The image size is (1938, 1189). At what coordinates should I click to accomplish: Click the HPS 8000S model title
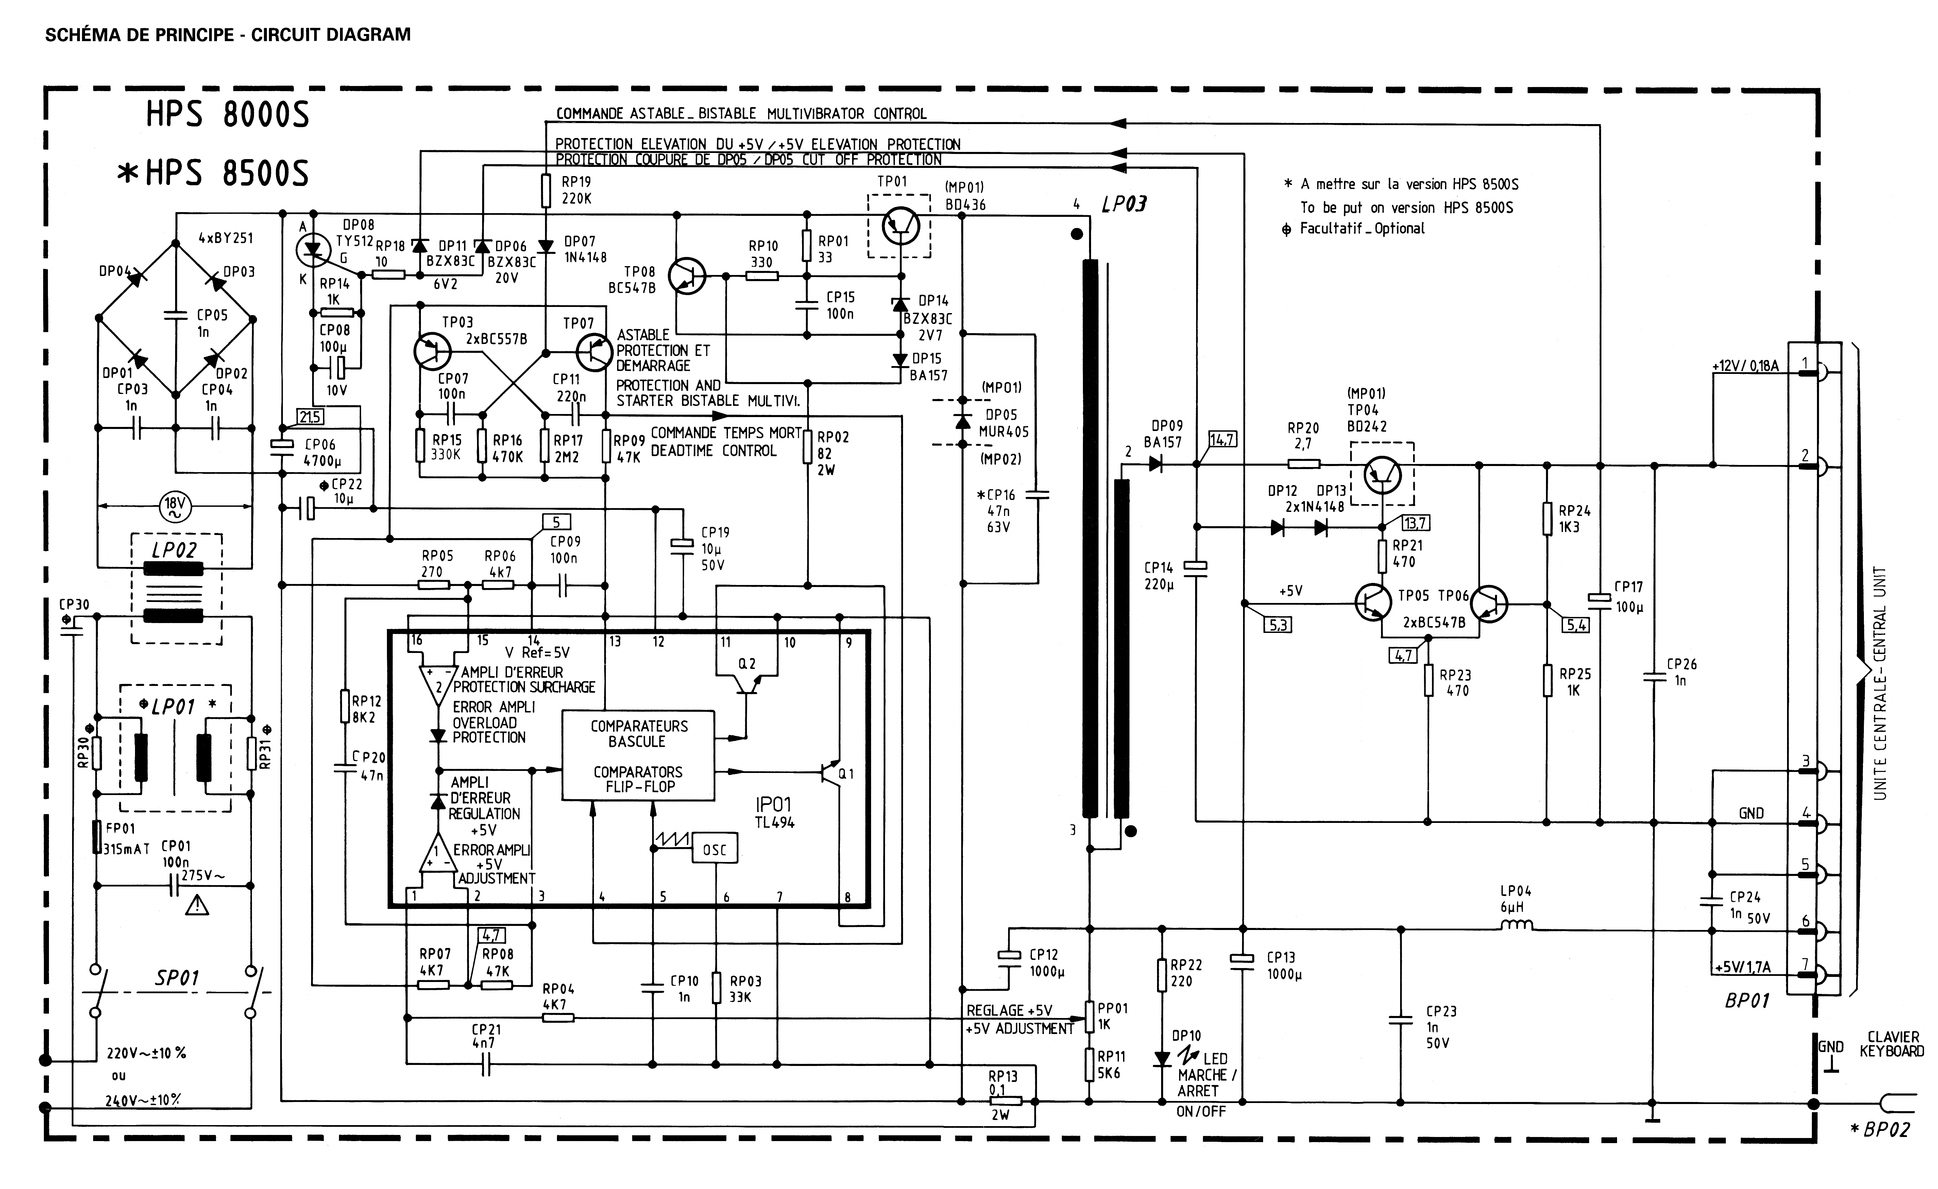(x=227, y=115)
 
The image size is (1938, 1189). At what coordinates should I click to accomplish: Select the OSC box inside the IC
(x=714, y=849)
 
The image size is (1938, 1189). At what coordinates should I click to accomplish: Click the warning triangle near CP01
(x=197, y=907)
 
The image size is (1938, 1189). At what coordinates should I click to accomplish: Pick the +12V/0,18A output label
(x=1745, y=366)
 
